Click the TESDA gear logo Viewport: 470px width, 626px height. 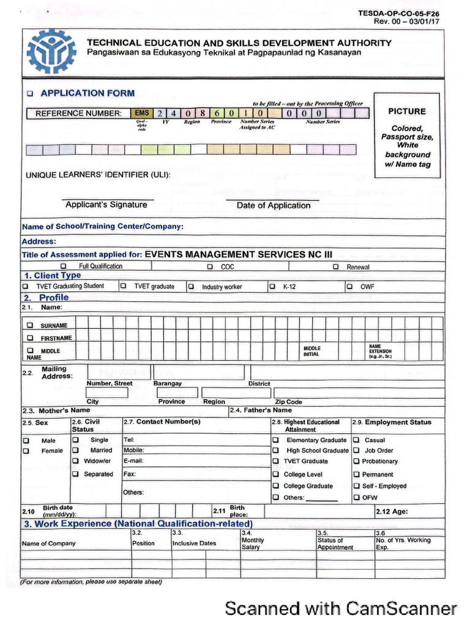[x=51, y=51]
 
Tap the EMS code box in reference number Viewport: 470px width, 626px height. [x=141, y=113]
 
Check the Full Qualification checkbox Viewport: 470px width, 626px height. [x=64, y=267]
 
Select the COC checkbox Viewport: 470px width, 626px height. [x=210, y=267]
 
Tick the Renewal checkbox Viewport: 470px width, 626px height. [x=335, y=267]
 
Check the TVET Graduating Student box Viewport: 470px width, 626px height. [x=26, y=286]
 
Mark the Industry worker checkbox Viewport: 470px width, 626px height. [x=191, y=286]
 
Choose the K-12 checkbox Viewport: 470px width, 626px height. [x=272, y=286]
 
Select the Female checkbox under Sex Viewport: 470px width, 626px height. [x=26, y=451]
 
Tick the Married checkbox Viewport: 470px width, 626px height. [x=75, y=451]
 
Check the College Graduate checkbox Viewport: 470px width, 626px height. [x=275, y=486]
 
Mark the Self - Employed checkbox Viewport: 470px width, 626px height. [x=356, y=486]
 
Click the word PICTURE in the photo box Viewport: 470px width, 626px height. [x=406, y=111]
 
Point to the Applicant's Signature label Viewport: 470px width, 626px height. [x=106, y=205]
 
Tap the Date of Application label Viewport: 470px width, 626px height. [x=274, y=205]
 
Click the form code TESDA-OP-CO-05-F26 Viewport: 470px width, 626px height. [x=403, y=13]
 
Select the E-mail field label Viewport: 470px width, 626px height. [x=133, y=462]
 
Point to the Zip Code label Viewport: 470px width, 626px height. [x=288, y=402]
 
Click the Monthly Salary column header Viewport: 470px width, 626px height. [x=253, y=543]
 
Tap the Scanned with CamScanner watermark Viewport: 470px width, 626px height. [x=340, y=608]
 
